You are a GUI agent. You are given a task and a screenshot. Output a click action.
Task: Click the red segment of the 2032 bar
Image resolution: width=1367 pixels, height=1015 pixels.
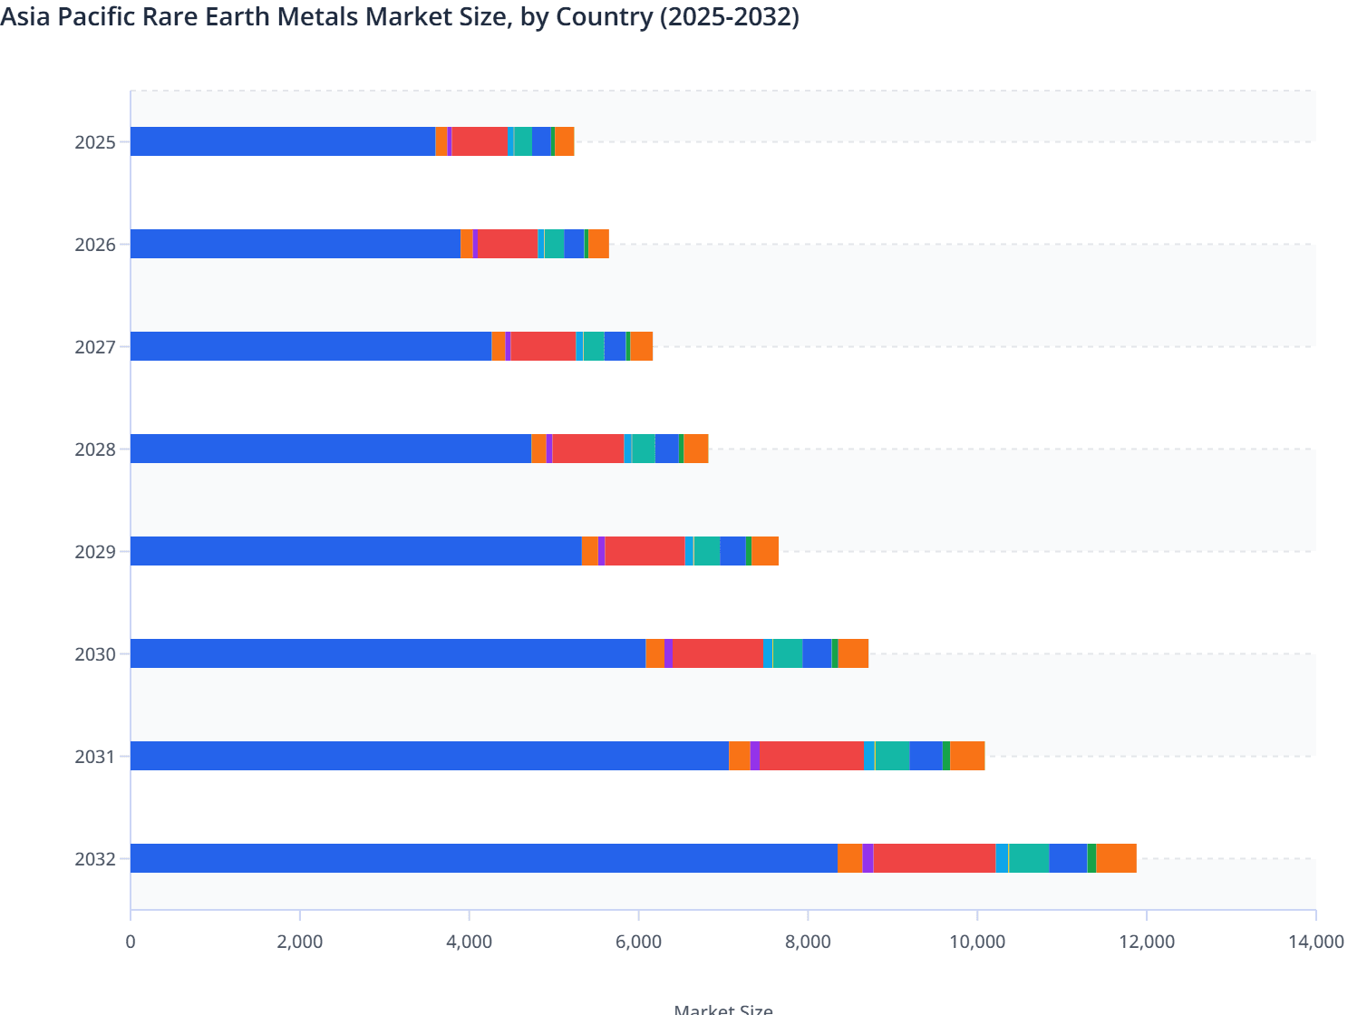pyautogui.click(x=934, y=858)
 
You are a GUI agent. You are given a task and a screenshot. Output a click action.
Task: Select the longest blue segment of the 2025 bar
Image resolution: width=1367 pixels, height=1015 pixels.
pyautogui.click(x=283, y=141)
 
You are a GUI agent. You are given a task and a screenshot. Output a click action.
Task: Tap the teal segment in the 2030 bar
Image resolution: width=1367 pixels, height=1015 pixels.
pyautogui.click(x=788, y=653)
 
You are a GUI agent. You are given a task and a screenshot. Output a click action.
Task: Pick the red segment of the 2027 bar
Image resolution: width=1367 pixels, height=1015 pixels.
pyautogui.click(x=543, y=346)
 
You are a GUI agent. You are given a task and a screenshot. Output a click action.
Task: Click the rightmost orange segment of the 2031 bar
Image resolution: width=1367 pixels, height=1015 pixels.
pyautogui.click(x=967, y=756)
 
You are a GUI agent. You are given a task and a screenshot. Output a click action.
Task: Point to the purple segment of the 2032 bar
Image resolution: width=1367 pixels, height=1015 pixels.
pyautogui.click(x=868, y=858)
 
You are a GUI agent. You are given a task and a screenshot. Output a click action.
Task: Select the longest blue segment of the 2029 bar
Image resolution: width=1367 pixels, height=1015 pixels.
pyautogui.click(x=355, y=551)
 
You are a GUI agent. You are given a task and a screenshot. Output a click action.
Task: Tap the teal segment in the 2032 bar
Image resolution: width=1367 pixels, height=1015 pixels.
pyautogui.click(x=1029, y=858)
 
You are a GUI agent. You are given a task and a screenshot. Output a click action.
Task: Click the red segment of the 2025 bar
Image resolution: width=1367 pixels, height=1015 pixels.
pyautogui.click(x=480, y=141)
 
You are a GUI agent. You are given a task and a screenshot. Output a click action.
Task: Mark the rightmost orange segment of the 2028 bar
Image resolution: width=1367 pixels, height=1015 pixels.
pyautogui.click(x=695, y=449)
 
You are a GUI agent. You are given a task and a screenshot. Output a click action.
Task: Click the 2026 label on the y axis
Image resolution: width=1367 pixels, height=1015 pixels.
pyautogui.click(x=95, y=245)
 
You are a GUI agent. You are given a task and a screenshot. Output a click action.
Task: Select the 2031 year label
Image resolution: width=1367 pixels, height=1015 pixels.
pyautogui.click(x=95, y=757)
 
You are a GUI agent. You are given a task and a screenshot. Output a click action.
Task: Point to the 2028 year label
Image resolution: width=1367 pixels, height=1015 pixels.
pyautogui.click(x=95, y=449)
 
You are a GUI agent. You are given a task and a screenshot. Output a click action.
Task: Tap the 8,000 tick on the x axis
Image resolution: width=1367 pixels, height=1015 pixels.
pyautogui.click(x=808, y=942)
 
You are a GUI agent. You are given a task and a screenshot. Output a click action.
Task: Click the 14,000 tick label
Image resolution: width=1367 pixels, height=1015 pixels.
pyautogui.click(x=1315, y=942)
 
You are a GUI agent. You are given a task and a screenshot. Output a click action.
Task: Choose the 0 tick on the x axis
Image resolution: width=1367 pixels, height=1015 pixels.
pyautogui.click(x=131, y=942)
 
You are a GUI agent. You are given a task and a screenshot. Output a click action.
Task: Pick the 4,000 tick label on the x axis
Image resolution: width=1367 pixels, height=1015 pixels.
pyautogui.click(x=469, y=942)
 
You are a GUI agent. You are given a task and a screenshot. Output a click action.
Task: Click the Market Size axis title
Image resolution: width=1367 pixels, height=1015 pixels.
pyautogui.click(x=723, y=1009)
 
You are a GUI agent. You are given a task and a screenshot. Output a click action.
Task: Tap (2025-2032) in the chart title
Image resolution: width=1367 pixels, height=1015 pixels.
pyautogui.click(x=729, y=16)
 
